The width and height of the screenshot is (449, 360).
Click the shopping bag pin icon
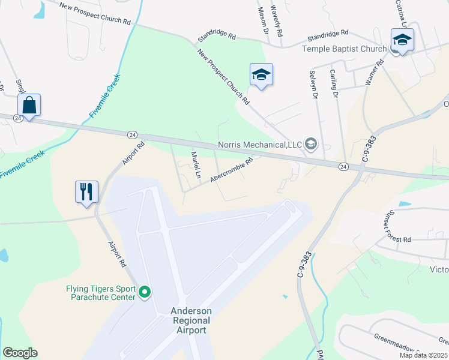[x=29, y=106]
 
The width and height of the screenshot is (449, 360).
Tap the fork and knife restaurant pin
[x=86, y=192]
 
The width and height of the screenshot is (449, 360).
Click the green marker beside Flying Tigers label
[x=145, y=293]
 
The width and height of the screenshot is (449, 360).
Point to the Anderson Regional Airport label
[x=191, y=320]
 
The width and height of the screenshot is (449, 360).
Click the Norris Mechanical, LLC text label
[x=260, y=145]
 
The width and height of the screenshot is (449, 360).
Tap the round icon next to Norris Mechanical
[x=311, y=143]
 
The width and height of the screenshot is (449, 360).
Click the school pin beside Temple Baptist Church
[x=402, y=40]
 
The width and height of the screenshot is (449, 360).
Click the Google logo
[x=20, y=353]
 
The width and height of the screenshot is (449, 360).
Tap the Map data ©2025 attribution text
[x=423, y=355]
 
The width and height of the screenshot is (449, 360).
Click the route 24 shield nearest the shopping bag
[x=18, y=119]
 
